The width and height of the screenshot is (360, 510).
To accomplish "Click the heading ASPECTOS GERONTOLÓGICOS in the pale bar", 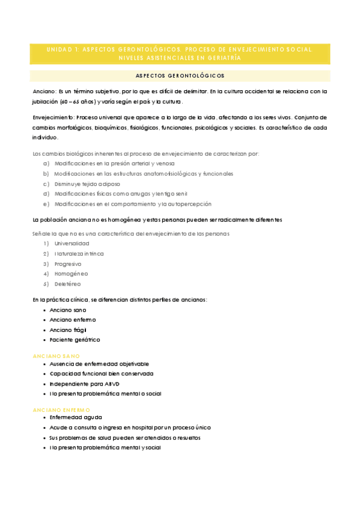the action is click(x=180, y=76).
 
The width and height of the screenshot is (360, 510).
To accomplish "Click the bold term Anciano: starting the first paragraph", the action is click(x=45, y=92).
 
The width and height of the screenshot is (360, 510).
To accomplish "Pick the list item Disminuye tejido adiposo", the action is click(x=87, y=184).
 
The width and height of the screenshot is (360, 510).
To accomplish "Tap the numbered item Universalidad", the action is click(x=72, y=244).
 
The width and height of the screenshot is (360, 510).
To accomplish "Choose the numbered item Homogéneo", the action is click(x=71, y=274).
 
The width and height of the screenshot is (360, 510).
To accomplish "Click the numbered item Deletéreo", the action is click(x=67, y=284).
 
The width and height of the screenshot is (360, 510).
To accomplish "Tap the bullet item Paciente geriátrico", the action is click(x=75, y=340).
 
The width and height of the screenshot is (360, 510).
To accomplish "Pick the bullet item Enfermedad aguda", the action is click(x=76, y=417).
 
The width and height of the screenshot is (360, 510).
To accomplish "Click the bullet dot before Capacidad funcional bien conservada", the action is click(x=44, y=374).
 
